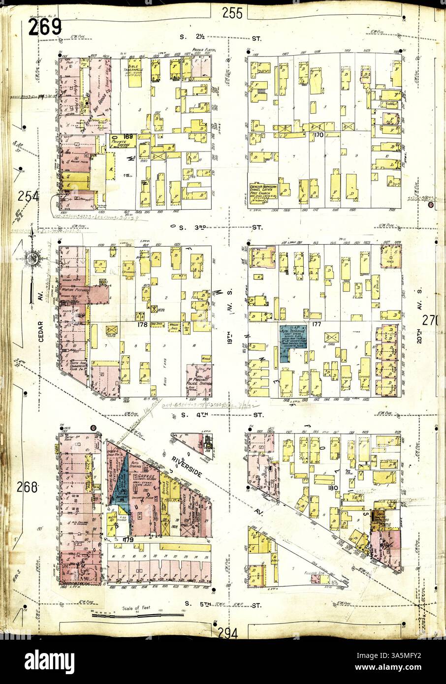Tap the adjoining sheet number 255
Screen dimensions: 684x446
231,13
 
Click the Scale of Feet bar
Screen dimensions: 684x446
138,615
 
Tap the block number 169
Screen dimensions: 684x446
128,136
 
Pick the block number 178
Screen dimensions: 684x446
143,324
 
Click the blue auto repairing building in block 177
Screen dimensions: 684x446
293,338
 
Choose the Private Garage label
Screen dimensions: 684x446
122,144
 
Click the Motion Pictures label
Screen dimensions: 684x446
74,290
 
